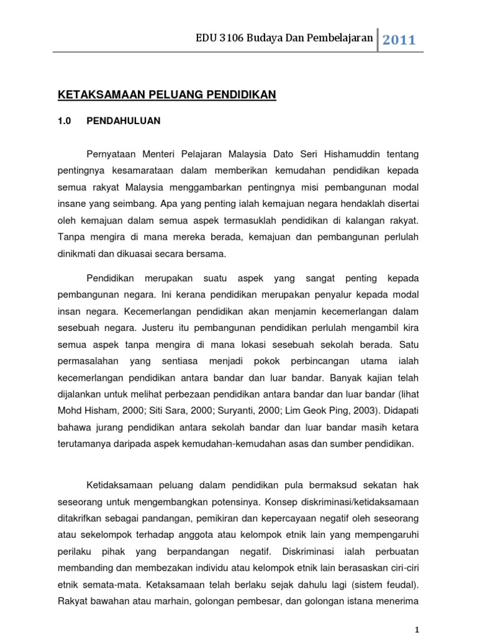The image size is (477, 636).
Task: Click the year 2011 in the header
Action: [399, 40]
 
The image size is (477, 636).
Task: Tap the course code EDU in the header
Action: [206, 39]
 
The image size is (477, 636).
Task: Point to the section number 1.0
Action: [65, 121]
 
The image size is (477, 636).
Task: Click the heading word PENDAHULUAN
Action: [124, 121]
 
